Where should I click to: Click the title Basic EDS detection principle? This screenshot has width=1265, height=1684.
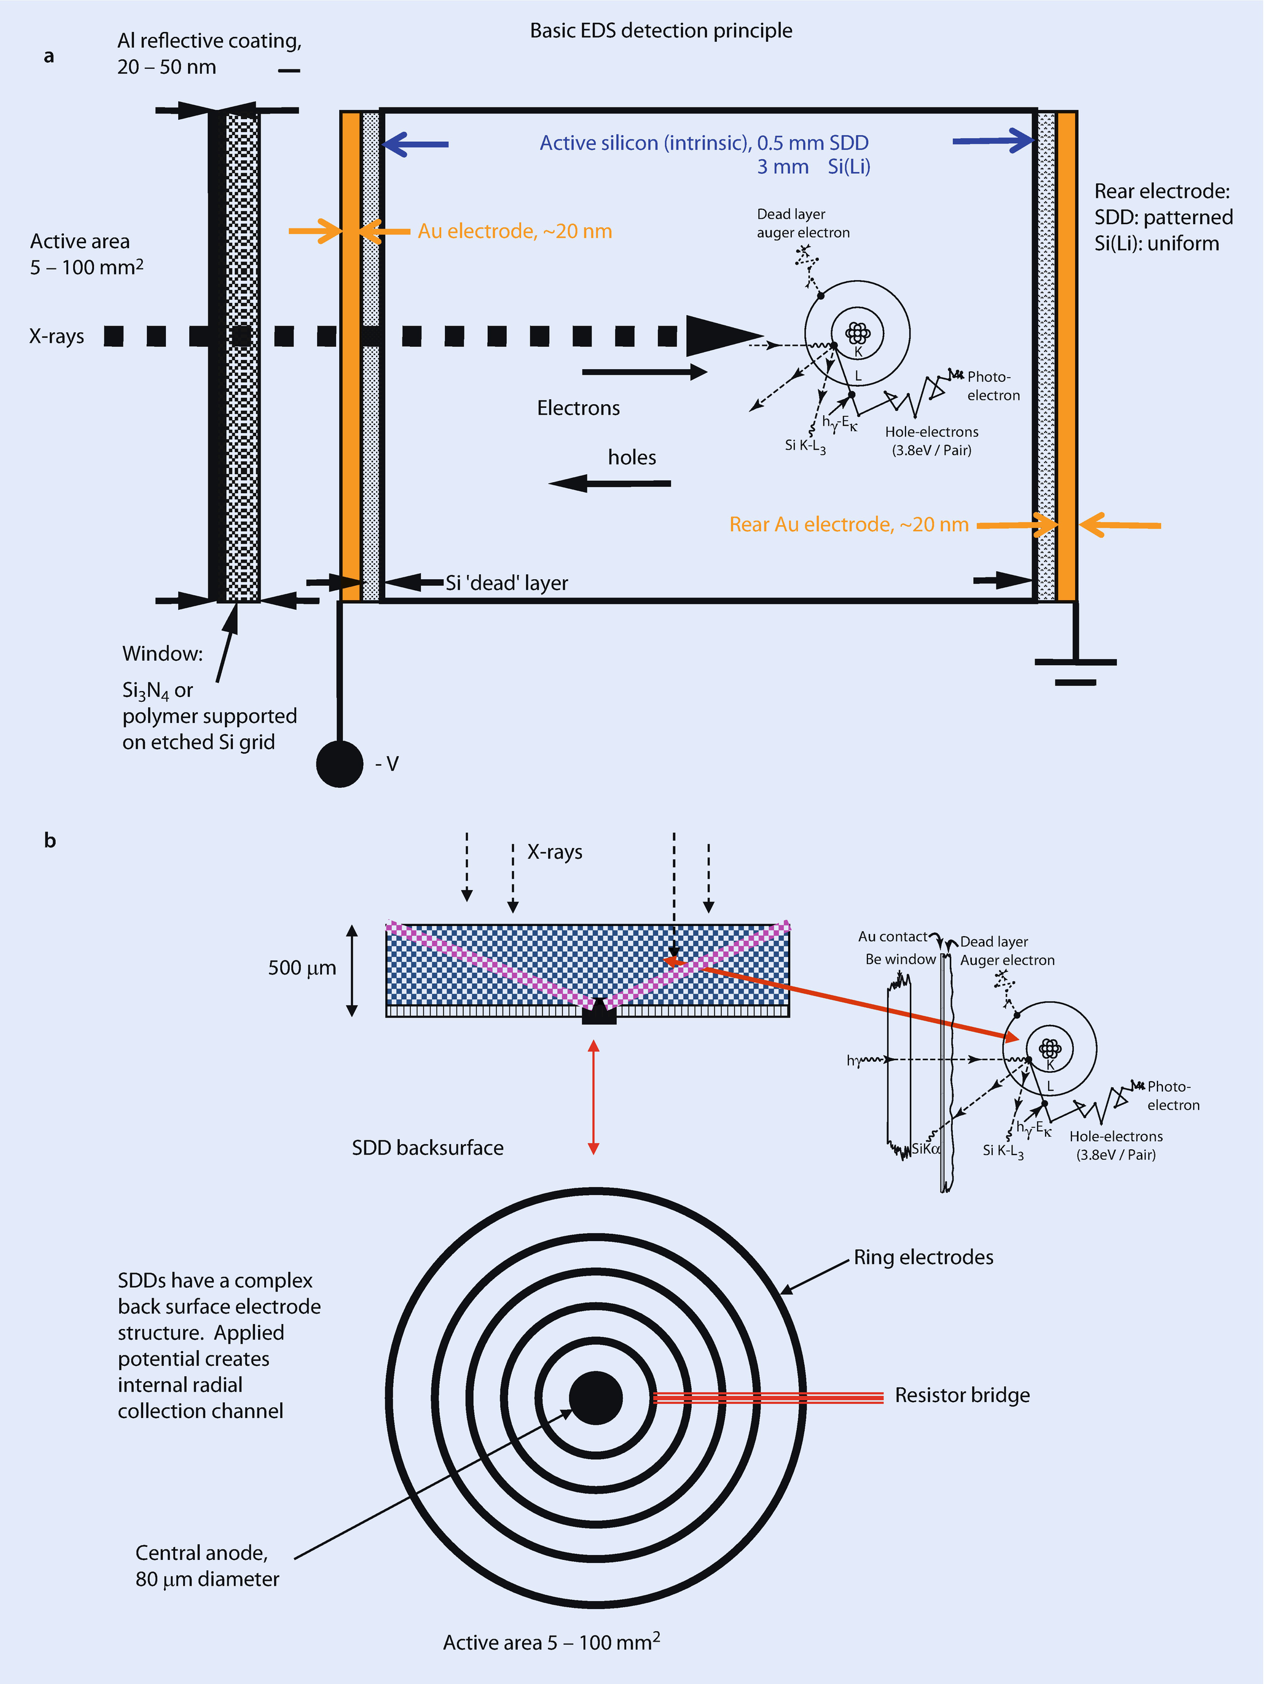[x=660, y=31]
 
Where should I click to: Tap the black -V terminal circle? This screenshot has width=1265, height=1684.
[x=340, y=763]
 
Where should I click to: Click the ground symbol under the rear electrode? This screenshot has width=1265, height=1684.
[x=1075, y=670]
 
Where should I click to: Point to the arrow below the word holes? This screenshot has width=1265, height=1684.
[x=609, y=483]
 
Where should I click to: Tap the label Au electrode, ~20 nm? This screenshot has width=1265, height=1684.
[x=515, y=232]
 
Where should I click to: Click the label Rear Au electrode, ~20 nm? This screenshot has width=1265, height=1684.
[x=848, y=524]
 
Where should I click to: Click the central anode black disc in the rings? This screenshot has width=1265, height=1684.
[x=595, y=1398]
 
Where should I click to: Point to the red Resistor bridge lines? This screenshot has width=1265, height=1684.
[x=768, y=1397]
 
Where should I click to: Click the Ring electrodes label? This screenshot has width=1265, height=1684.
[x=923, y=1258]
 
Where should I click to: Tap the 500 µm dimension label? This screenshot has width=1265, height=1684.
[x=302, y=969]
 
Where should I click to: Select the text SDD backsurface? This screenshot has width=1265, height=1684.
[x=427, y=1148]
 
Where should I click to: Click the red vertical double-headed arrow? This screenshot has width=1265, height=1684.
[x=594, y=1096]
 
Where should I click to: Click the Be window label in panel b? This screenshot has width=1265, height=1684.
[x=900, y=959]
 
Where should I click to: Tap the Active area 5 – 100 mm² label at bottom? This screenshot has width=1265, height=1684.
[x=551, y=1642]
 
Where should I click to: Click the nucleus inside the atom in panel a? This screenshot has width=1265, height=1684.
[x=858, y=333]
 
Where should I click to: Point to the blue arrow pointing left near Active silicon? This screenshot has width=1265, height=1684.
[x=416, y=144]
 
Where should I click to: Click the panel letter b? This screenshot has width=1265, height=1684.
[x=50, y=841]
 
